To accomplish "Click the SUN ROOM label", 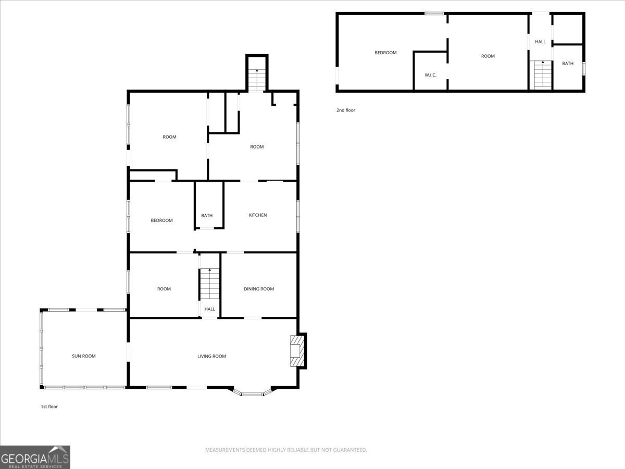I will point(83,356).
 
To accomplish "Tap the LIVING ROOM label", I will point(211,356).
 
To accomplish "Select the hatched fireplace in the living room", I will point(296,350).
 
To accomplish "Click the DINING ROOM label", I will point(259,289).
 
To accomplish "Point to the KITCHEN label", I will point(257,215).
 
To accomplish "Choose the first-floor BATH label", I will point(207,216).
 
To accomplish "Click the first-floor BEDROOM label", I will point(161,220).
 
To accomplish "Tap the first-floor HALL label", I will point(209,310).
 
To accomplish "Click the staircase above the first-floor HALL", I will point(210,284).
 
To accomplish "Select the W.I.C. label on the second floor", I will point(430,75).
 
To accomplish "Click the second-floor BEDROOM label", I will point(385,53).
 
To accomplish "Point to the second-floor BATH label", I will point(567,64).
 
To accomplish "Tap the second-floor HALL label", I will point(540,42).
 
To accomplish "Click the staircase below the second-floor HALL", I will point(542,75).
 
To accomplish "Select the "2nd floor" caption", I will point(345,110).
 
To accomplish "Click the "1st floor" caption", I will point(49,406).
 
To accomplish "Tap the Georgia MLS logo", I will point(35,457).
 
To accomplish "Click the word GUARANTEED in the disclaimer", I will point(349,450).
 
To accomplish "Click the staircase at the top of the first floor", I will point(256,80).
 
